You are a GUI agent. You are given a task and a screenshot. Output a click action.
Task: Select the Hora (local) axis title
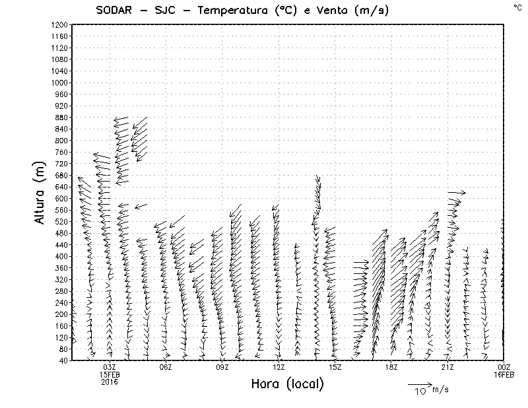(x=287, y=384)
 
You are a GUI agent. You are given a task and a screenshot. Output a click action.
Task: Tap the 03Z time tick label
(x=110, y=367)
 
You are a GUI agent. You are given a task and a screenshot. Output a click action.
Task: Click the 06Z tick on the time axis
(x=166, y=367)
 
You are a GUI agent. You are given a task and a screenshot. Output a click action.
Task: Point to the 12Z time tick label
(x=279, y=367)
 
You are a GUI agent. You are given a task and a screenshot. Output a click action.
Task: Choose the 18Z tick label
(x=391, y=367)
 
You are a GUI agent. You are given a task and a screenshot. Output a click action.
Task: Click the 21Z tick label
(x=447, y=367)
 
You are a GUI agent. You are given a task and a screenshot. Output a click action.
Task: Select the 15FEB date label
(x=110, y=374)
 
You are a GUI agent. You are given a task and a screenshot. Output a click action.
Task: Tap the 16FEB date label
(x=504, y=374)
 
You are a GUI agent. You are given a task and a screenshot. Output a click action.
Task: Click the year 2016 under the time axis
(x=110, y=382)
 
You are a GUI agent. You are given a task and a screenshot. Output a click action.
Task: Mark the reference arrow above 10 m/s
(x=419, y=383)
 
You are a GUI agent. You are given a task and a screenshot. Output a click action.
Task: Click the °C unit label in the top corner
(x=517, y=7)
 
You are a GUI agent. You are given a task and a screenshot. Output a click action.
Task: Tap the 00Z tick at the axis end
(x=504, y=367)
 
